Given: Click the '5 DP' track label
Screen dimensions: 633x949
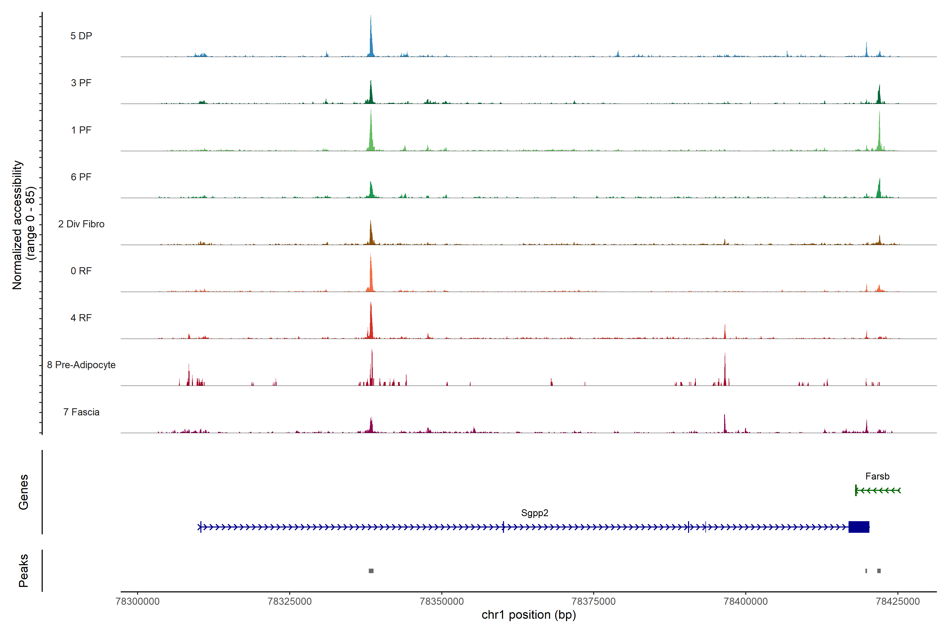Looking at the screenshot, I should tap(81, 36).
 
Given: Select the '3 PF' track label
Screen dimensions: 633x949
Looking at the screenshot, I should tap(81, 83).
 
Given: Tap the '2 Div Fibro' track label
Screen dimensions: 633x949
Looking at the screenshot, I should tap(81, 224).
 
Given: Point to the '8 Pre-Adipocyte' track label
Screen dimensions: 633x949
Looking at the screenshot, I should tap(81, 365).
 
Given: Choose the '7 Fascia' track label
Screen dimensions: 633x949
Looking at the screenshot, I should tap(81, 412).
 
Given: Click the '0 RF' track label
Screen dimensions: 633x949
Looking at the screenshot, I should tap(81, 271).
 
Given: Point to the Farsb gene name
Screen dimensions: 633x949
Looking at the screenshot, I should tap(877, 476).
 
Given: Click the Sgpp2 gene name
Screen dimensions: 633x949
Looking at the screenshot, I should tap(535, 513).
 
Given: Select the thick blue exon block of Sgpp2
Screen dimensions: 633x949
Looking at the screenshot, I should tap(859, 527).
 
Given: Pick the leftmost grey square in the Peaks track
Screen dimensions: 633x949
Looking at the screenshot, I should tap(371, 571).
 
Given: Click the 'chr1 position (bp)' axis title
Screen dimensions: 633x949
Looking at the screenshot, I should tap(529, 615).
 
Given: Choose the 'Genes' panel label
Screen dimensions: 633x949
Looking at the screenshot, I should tap(23, 492).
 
